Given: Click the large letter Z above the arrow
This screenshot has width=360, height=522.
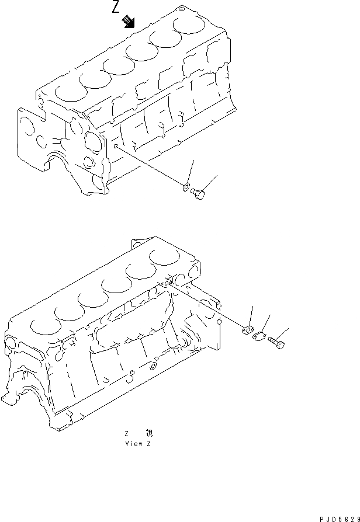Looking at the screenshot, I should tap(116, 8).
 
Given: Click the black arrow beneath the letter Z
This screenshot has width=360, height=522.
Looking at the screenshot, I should tap(129, 23).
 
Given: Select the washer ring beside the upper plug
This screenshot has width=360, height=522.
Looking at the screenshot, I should tap(185, 187).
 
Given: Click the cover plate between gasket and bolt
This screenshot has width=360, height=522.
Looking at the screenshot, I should tap(261, 336).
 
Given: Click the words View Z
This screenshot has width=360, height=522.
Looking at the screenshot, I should tap(138, 444).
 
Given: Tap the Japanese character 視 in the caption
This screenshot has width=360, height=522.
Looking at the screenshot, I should tap(149, 433).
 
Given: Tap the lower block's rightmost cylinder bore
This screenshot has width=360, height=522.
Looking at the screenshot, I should tap(164, 256).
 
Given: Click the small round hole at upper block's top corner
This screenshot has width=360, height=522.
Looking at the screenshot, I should tap(181, 9).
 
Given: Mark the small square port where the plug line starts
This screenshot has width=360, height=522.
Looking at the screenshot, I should tap(116, 147).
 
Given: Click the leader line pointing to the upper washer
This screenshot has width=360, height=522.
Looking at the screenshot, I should tap(189, 173).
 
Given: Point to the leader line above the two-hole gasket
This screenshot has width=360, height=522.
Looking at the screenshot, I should tap(252, 315).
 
